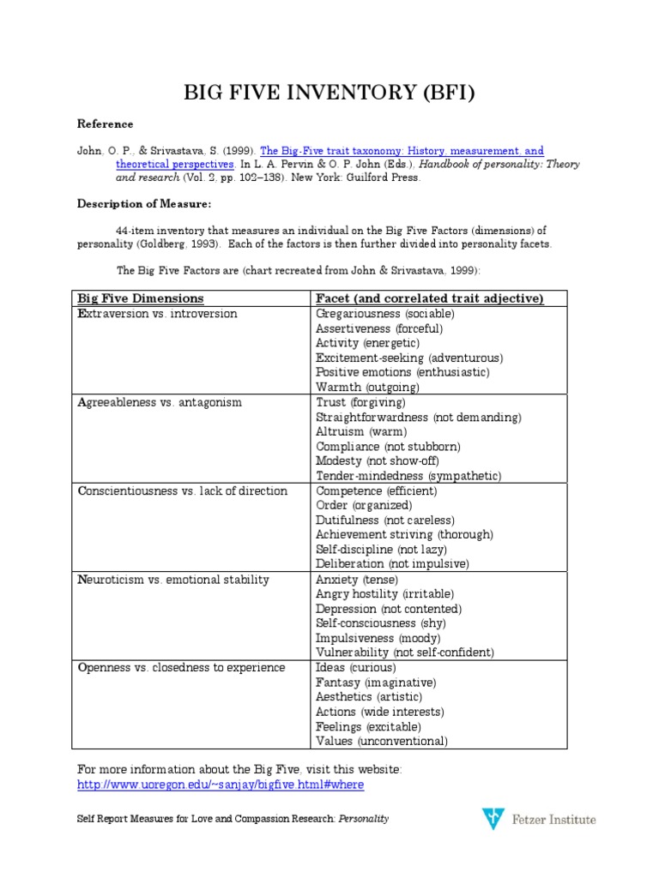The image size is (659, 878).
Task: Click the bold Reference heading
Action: [106, 124]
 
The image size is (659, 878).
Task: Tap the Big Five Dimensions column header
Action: [141, 298]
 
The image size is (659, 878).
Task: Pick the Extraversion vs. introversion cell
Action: [157, 314]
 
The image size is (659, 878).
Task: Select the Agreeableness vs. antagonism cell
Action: [160, 402]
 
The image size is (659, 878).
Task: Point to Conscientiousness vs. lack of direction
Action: [182, 491]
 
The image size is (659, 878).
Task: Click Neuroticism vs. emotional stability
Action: [173, 580]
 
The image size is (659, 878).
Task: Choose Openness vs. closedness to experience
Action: [181, 668]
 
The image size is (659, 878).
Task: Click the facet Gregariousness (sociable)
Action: [385, 314]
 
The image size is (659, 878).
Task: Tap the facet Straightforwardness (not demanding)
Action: [418, 418]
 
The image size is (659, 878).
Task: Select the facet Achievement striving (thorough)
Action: [404, 535]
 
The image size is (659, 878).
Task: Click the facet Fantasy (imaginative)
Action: [376, 683]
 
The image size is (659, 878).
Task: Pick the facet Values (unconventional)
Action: [382, 742]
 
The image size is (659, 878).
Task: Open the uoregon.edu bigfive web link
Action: [226, 785]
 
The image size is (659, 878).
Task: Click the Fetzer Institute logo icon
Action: [492, 819]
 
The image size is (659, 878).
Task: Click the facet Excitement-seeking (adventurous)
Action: [409, 358]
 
